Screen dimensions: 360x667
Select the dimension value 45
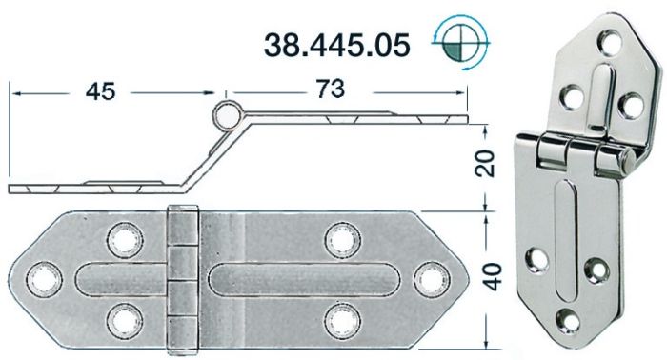(101, 91)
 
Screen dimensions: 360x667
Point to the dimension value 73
(327, 90)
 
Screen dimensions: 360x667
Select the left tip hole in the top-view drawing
(42, 276)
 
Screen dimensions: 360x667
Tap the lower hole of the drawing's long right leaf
(339, 316)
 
